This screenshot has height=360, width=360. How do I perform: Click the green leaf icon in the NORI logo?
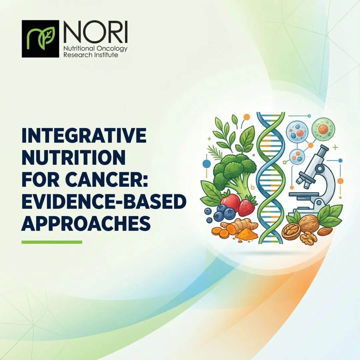click(40, 39)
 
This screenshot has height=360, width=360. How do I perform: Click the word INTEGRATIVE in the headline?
click(84, 136)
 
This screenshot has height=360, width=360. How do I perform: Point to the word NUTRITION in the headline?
click(73, 158)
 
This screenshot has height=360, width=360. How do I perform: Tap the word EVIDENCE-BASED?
click(104, 202)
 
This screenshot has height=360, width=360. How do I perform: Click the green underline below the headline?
click(52, 242)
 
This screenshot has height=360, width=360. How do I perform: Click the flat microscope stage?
click(306, 194)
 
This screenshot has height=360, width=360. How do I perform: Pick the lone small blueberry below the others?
click(209, 220)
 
